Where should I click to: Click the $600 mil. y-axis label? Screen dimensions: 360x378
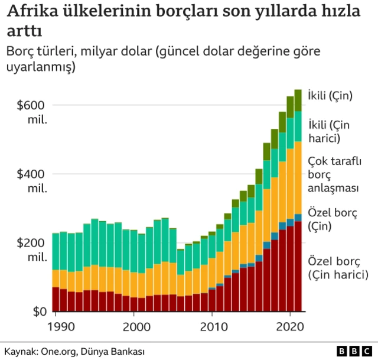(31, 112)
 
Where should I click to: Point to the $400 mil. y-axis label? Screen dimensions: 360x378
(31, 181)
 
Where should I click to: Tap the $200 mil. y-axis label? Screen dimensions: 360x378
(31, 250)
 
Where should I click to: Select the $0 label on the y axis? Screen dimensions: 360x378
(39, 312)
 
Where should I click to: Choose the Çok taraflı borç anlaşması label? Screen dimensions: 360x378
(334, 174)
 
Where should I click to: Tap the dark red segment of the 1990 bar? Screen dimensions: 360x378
(56, 299)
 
